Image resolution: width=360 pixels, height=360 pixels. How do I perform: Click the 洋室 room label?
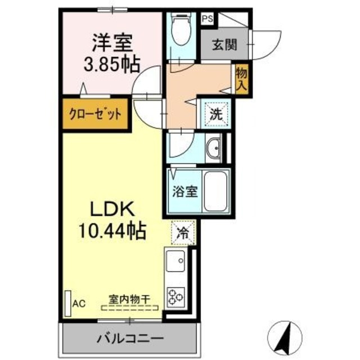point(111,42)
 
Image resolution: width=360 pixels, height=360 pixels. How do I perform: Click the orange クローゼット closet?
point(96,115)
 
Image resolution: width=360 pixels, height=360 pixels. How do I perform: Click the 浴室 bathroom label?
point(184,191)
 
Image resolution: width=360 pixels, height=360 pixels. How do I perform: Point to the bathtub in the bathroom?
point(216,191)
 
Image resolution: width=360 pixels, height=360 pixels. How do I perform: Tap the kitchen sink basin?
point(175,261)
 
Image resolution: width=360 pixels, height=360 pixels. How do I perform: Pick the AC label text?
point(78,304)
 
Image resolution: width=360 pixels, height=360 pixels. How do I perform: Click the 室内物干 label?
point(129,300)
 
